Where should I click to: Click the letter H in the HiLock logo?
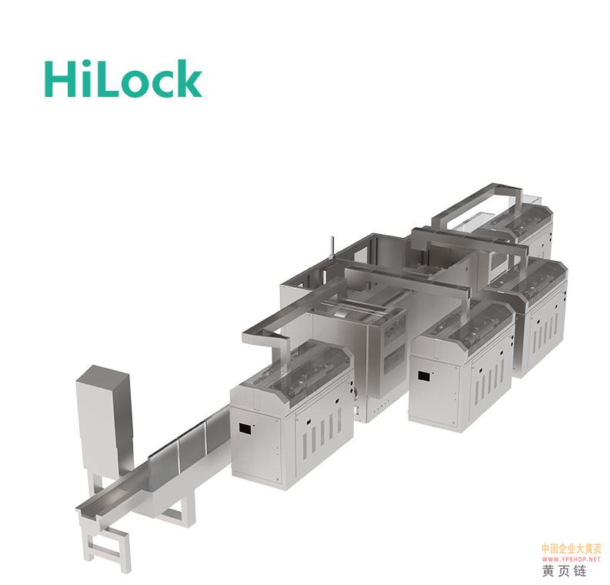tap(59, 79)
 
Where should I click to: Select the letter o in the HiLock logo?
tap(135, 83)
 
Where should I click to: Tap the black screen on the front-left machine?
tap(245, 428)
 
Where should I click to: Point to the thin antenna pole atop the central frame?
tap(332, 248)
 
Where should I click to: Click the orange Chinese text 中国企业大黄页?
tap(571, 549)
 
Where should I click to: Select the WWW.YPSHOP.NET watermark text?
tap(571, 560)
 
